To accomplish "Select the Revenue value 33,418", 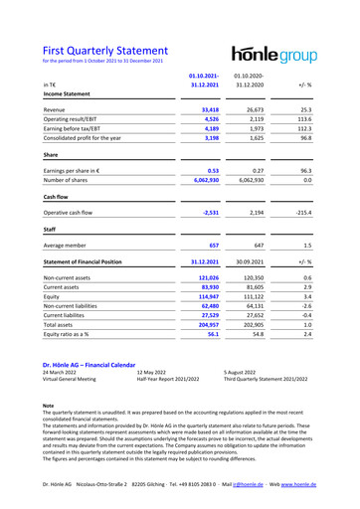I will (204, 110).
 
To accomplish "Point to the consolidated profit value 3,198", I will (205, 147).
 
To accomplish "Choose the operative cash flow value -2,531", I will (205, 241).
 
